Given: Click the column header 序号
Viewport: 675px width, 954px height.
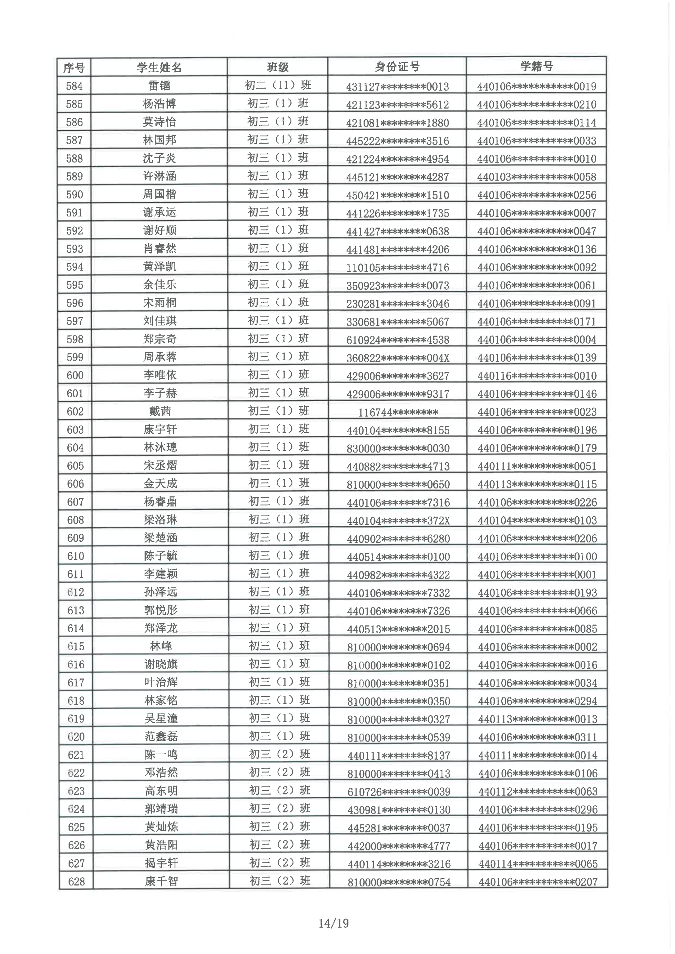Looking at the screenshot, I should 74,67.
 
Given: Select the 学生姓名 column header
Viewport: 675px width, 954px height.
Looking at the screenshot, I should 159,67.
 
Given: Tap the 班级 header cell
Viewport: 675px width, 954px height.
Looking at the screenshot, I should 278,67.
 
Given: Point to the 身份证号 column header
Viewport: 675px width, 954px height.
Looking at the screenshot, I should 397,66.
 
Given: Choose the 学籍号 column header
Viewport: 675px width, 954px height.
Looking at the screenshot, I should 536,66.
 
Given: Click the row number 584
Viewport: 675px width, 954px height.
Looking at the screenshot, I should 74,86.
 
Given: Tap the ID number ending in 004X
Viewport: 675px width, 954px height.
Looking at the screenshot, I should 398,358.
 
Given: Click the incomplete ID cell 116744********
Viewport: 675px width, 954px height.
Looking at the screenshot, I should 398,412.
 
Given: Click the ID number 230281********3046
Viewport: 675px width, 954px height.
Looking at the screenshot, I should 398,304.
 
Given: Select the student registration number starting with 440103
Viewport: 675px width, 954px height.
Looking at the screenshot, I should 536,177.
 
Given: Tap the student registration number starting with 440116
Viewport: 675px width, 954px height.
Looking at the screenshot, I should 537,376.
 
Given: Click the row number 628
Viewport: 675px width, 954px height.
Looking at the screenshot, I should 76,882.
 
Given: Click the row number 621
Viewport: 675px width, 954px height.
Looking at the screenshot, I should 76,755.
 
